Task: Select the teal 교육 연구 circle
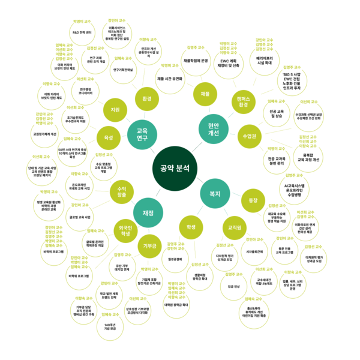(142, 134)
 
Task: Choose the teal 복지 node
(214, 194)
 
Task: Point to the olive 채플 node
(205, 94)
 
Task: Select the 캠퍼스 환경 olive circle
(244, 100)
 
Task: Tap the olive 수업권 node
(251, 136)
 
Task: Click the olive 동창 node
(253, 200)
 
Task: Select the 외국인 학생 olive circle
(126, 230)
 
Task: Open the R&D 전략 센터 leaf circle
(82, 32)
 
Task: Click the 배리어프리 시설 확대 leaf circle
(264, 59)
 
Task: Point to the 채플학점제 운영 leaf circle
(195, 61)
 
